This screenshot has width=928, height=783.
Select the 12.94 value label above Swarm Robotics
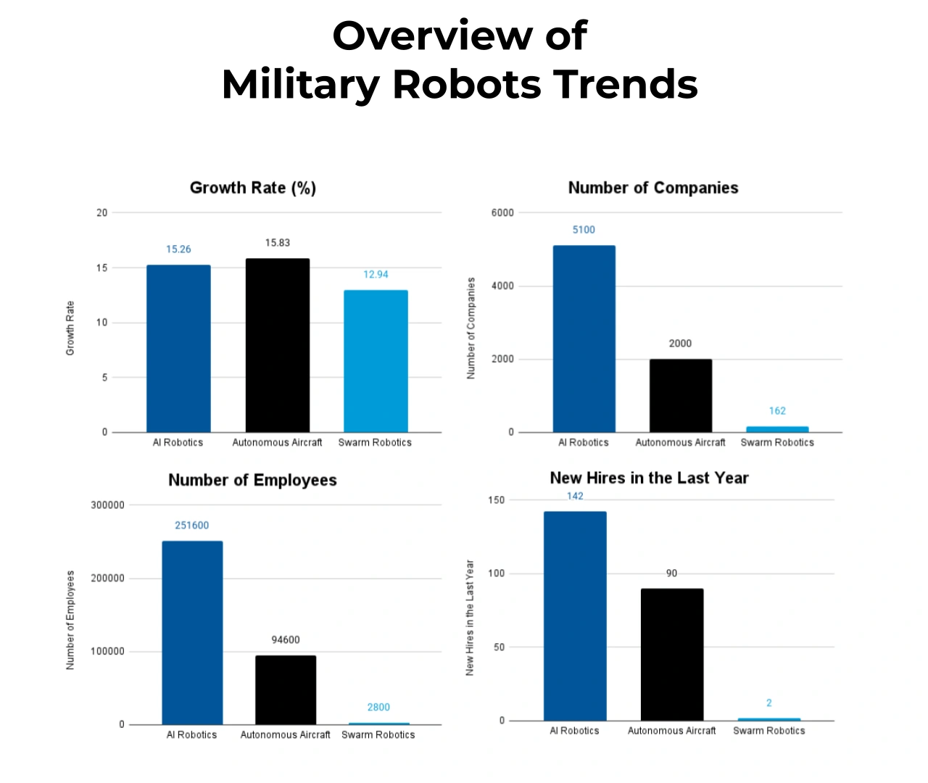point(376,275)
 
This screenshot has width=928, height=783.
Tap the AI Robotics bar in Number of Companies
point(584,339)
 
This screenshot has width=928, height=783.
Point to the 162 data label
point(777,411)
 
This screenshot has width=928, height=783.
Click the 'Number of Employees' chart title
point(252,480)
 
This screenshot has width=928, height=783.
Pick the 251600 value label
point(191,526)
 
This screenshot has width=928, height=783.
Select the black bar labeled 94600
point(286,689)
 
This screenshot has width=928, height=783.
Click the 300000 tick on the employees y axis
point(107,505)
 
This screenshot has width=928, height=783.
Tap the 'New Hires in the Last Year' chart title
point(649,478)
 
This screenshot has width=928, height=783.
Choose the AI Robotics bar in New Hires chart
point(575,616)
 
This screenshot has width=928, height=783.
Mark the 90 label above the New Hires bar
point(671,573)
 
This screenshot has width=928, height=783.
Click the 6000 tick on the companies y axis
point(502,213)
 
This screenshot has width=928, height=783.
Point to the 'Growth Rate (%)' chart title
point(252,188)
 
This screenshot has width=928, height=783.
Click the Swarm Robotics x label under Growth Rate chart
point(375,442)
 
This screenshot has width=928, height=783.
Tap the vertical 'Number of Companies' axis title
point(471,328)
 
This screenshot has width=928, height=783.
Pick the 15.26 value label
point(178,249)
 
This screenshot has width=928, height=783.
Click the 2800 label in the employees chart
point(378,708)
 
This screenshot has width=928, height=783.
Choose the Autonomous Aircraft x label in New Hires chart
point(671,731)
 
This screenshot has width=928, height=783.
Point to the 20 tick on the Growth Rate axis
point(101,213)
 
